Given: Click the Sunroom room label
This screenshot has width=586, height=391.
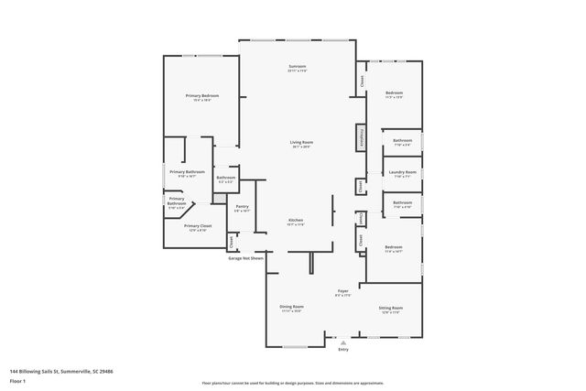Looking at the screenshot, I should coord(298,67).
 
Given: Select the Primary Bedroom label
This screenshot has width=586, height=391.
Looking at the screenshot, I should coord(201,96).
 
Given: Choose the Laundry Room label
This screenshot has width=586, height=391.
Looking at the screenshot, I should coord(403,172).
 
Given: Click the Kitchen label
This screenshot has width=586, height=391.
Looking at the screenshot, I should coord(296,221).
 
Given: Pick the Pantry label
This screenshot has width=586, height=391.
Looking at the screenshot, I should coord(242,207).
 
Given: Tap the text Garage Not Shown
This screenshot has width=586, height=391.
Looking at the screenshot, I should coord(245,258).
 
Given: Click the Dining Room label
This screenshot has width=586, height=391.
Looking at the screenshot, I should coord(291,307).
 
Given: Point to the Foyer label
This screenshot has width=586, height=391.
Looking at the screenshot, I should coord(342,291).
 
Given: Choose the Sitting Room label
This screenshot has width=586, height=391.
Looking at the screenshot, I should coord(391,308).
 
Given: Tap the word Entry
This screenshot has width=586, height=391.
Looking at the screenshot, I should coord(342,350).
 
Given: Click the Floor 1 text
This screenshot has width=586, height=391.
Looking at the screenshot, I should coord(17,380).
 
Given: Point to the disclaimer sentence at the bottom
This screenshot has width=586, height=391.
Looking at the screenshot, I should coord(292,383).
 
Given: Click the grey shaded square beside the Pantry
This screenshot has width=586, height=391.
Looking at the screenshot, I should coord(219,198).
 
